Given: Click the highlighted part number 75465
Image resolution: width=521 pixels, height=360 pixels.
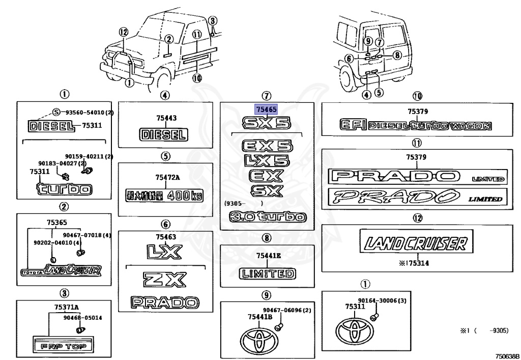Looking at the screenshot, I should (267, 109).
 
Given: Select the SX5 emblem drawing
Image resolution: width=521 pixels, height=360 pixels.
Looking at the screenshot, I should (267, 123).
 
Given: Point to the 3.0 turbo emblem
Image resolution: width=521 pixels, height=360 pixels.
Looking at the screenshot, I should (268, 217).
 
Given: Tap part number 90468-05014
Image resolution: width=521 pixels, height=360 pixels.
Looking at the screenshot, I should (83, 318).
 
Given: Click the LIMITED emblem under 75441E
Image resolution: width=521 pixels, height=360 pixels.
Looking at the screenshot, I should (267, 274).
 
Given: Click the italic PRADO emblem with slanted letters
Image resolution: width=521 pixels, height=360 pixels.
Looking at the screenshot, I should (416, 198).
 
